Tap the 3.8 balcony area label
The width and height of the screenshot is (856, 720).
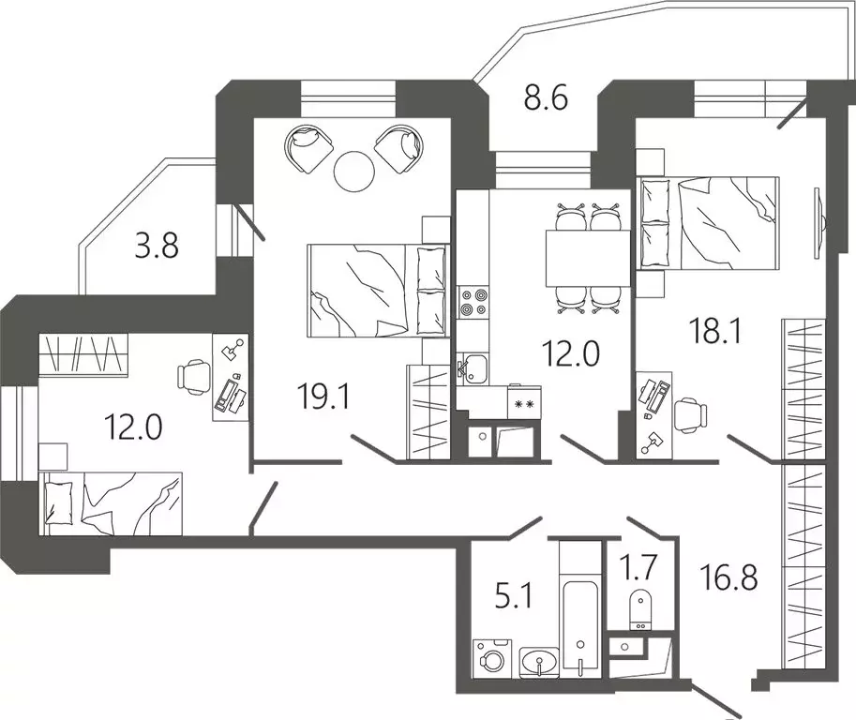pyautogui.click(x=157, y=246)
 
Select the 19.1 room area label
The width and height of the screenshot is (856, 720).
pyautogui.click(x=323, y=396)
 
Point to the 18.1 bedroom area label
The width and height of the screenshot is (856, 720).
pyautogui.click(x=715, y=330)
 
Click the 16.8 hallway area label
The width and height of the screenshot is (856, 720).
pyautogui.click(x=729, y=577)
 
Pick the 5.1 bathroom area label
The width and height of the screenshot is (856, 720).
pyautogui.click(x=513, y=596)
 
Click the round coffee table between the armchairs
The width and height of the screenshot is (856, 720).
pyautogui.click(x=353, y=171)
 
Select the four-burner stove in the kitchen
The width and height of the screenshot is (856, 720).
pyautogui.click(x=473, y=303)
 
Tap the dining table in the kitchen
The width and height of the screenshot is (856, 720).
pyautogui.click(x=588, y=258)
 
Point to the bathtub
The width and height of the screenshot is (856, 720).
pyautogui.click(x=581, y=627)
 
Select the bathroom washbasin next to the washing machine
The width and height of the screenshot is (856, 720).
pyautogui.click(x=539, y=662)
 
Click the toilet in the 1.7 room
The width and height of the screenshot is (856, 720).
pyautogui.click(x=638, y=609)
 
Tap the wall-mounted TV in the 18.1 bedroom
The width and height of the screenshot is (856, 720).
pyautogui.click(x=818, y=223)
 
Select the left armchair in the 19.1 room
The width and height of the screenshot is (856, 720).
pyautogui.click(x=308, y=148)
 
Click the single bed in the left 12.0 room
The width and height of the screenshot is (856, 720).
pyautogui.click(x=111, y=503)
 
